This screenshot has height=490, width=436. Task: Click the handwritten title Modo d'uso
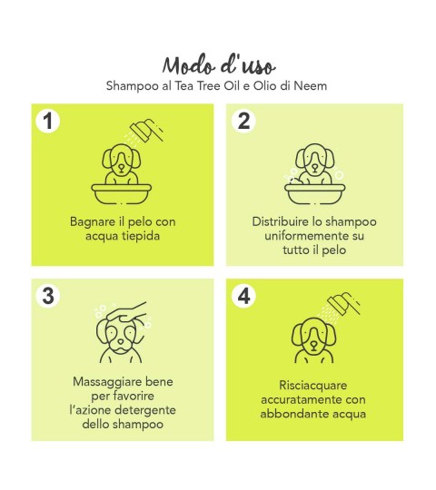(x=219, y=65)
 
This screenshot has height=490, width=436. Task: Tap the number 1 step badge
(x=47, y=121)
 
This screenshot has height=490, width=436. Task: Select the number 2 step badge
(x=243, y=121)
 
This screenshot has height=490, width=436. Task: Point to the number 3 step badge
(x=47, y=296)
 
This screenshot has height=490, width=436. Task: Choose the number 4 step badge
(x=243, y=296)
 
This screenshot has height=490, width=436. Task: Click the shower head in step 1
(x=146, y=131)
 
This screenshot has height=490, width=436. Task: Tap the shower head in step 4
(x=343, y=303)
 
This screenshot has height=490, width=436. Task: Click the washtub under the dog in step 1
(x=122, y=193)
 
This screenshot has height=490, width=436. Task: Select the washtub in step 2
(x=314, y=193)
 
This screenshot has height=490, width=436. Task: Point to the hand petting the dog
(x=126, y=311)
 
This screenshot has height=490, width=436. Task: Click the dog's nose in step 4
(x=313, y=345)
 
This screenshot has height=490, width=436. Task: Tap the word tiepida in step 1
(x=141, y=236)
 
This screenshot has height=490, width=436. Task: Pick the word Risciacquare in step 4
(x=313, y=385)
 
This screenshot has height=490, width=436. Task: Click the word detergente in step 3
(x=145, y=410)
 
